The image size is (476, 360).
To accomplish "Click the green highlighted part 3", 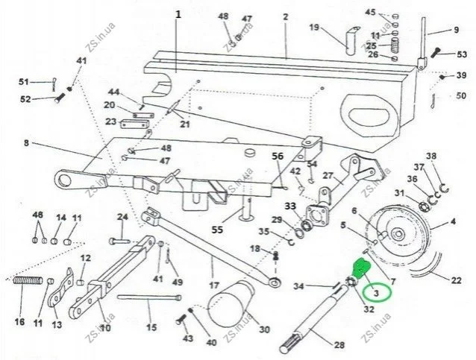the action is pyautogui.click(x=362, y=268).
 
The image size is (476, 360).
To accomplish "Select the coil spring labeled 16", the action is pyautogui.click(x=28, y=280).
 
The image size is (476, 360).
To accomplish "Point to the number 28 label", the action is pyautogui.click(x=339, y=344).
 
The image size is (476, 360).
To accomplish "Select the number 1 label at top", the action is pyautogui.click(x=178, y=14).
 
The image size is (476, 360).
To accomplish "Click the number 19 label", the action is pyautogui.click(x=315, y=28).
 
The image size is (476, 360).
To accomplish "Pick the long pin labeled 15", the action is pyautogui.click(x=149, y=297).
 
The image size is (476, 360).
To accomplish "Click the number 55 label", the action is pyautogui.click(x=217, y=230).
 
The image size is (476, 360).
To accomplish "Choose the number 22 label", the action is pyautogui.click(x=456, y=280).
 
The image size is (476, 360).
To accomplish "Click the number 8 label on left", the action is pyautogui.click(x=26, y=142).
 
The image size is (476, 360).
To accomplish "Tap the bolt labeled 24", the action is pyautogui.click(x=119, y=241).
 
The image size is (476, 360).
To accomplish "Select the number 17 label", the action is pyautogui.click(x=214, y=285).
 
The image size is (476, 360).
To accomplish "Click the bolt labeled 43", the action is pyautogui.click(x=181, y=319).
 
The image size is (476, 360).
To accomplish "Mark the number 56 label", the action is pyautogui.click(x=278, y=157).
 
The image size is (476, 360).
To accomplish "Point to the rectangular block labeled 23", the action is pyautogui.click(x=135, y=124).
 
